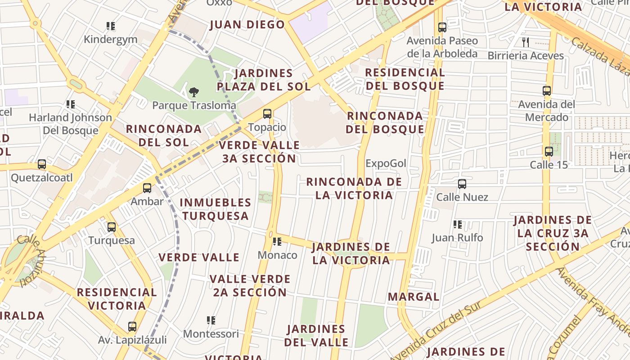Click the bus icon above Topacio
pos(267,114)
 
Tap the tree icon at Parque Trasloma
pos(194,93)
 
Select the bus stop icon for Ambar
pos(147,188)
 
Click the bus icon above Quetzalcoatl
pos(42,164)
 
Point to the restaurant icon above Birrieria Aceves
pos(526,42)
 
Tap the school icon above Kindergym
pos(111,26)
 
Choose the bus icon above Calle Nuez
pos(462,184)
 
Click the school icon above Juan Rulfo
pos(458,224)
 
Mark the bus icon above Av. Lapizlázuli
pos(132,327)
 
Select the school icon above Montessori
pos(211,320)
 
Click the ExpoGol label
pos(386,163)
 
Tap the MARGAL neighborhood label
pos(414,297)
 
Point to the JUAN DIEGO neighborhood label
pos(247,25)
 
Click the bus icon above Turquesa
pos(112,227)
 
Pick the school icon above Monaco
pos(277,242)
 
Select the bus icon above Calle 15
pos(549,152)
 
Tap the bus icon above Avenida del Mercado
pos(547,91)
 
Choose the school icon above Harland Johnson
pos(71,104)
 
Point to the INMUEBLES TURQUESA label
pos(216,209)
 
